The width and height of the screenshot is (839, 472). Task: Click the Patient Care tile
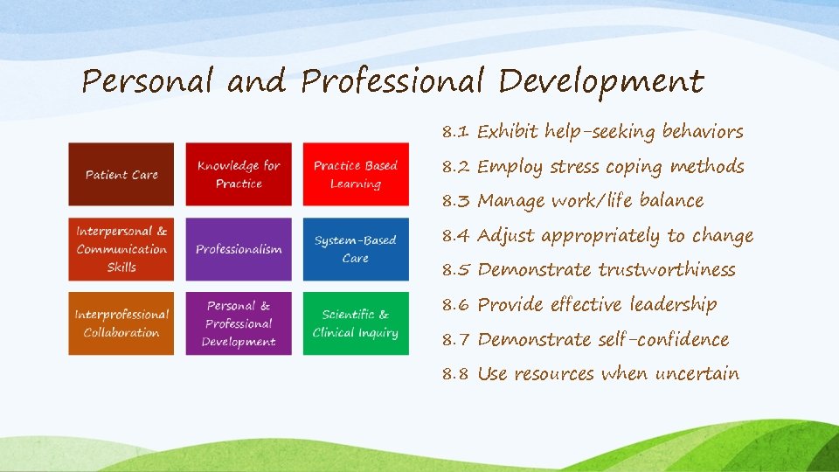pos(121,175)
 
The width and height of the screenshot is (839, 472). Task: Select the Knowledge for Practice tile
pos(239,175)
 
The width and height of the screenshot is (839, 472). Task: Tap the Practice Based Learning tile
pos(356,175)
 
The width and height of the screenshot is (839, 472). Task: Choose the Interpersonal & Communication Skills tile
pos(121,249)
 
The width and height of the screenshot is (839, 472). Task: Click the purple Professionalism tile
pos(239,249)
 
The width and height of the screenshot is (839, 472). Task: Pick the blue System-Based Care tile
pos(356,249)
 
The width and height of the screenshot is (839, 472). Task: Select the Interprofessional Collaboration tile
pos(121,323)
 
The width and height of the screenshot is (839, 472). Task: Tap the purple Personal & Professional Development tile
pos(239,323)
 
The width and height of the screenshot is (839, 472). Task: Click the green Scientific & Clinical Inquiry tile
pos(356,323)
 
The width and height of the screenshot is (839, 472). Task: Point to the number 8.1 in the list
pos(455,133)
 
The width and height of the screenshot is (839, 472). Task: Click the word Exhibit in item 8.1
pos(508,133)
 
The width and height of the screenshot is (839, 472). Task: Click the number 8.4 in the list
pos(455,236)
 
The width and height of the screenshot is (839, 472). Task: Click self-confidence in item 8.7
pos(663,339)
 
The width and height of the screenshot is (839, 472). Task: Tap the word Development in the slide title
pos(601,82)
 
